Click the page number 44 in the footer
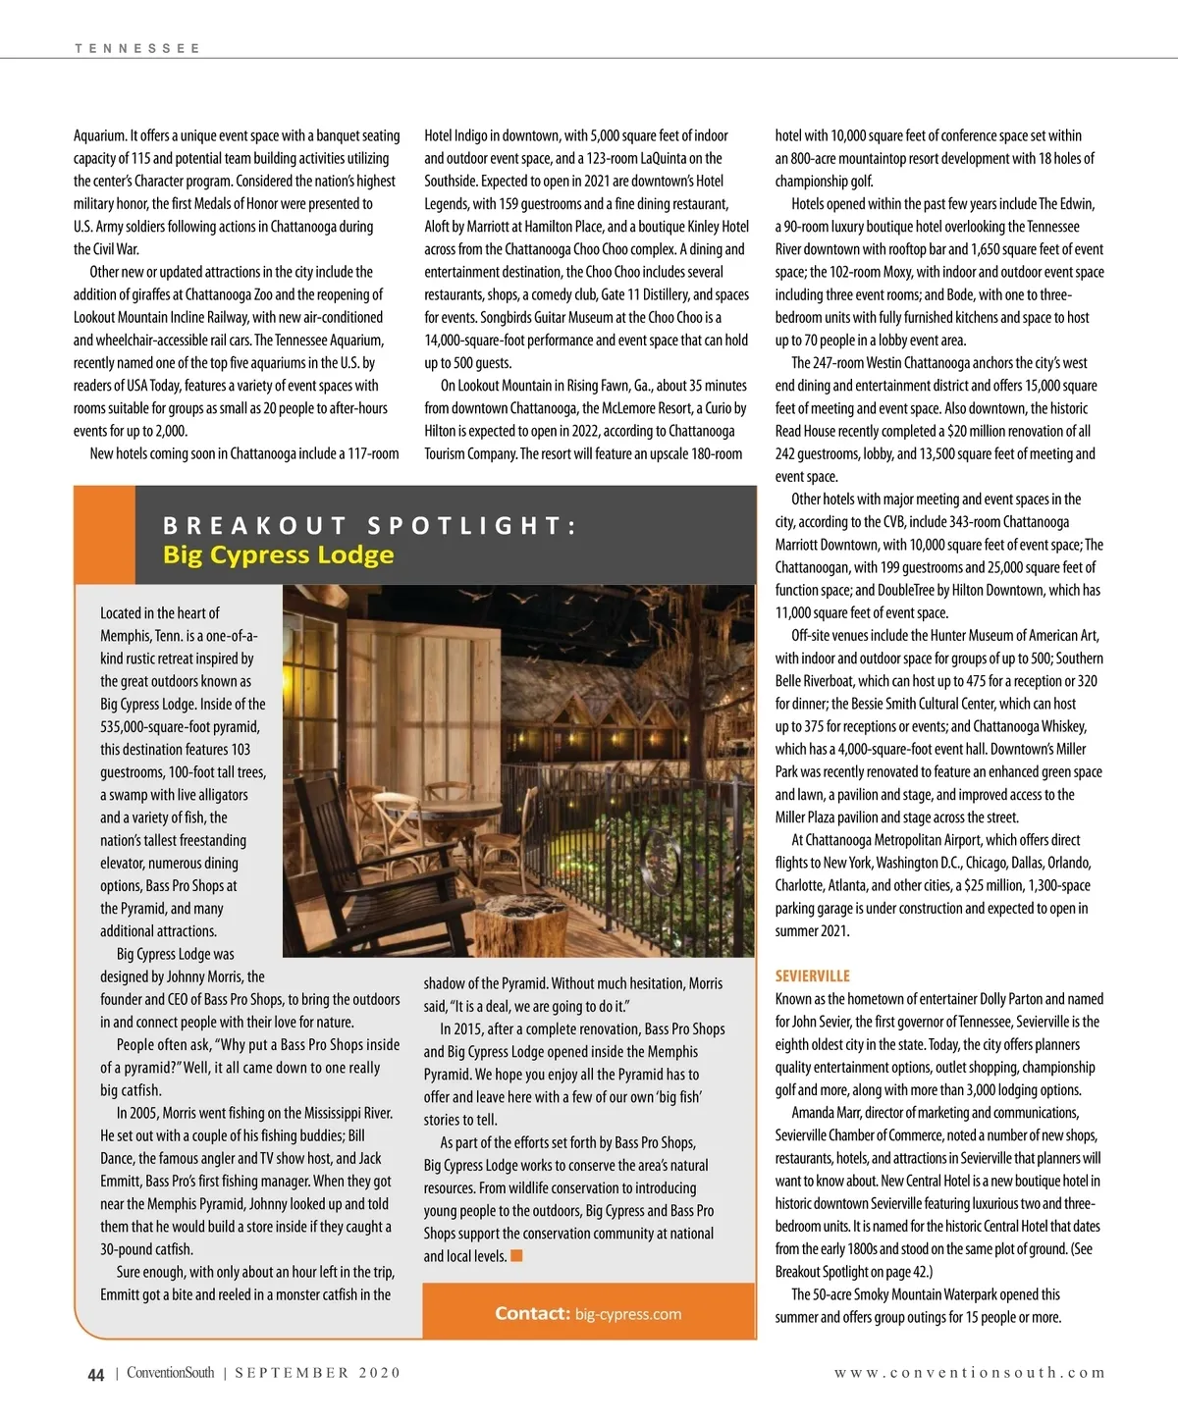click(95, 1374)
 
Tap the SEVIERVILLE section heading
click(812, 975)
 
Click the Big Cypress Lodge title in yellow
click(278, 554)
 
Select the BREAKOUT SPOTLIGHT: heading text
click(370, 525)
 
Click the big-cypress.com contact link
click(627, 1314)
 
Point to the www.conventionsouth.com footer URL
click(969, 1373)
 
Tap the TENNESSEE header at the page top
click(136, 48)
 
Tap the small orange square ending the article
click(516, 1256)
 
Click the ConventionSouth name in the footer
click(170, 1373)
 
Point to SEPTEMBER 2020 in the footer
click(317, 1373)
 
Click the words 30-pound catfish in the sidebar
click(146, 1249)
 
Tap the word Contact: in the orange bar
click(532, 1314)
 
